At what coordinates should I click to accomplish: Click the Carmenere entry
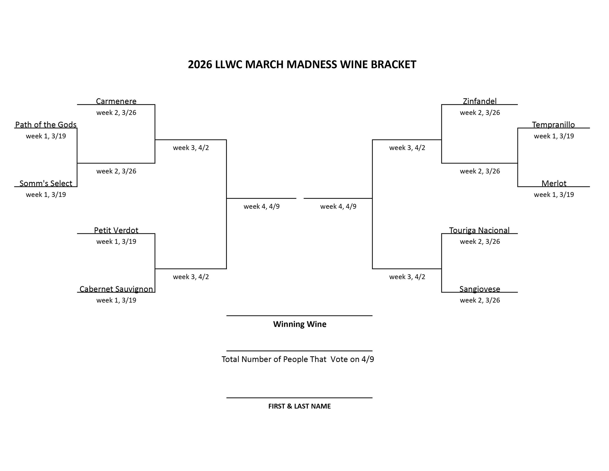coord(116,101)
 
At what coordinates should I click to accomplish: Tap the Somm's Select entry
coord(46,183)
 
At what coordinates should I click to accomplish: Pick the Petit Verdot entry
coord(116,230)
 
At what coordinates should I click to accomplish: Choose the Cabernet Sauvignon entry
coord(116,289)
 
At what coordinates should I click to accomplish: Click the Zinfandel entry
coord(480,101)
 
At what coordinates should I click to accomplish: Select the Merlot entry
coord(554,183)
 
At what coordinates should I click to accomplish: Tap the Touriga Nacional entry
coord(479,230)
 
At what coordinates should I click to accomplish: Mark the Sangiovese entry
coord(480,289)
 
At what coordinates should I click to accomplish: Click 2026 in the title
coord(200,64)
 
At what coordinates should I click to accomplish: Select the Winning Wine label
coord(299,324)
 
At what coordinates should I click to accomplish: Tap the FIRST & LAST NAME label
coord(299,406)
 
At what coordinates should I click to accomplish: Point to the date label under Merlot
coord(554,195)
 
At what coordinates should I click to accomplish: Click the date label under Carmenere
coord(116,112)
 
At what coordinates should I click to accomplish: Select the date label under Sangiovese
coord(480,300)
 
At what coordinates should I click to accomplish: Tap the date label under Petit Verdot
coord(116,241)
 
